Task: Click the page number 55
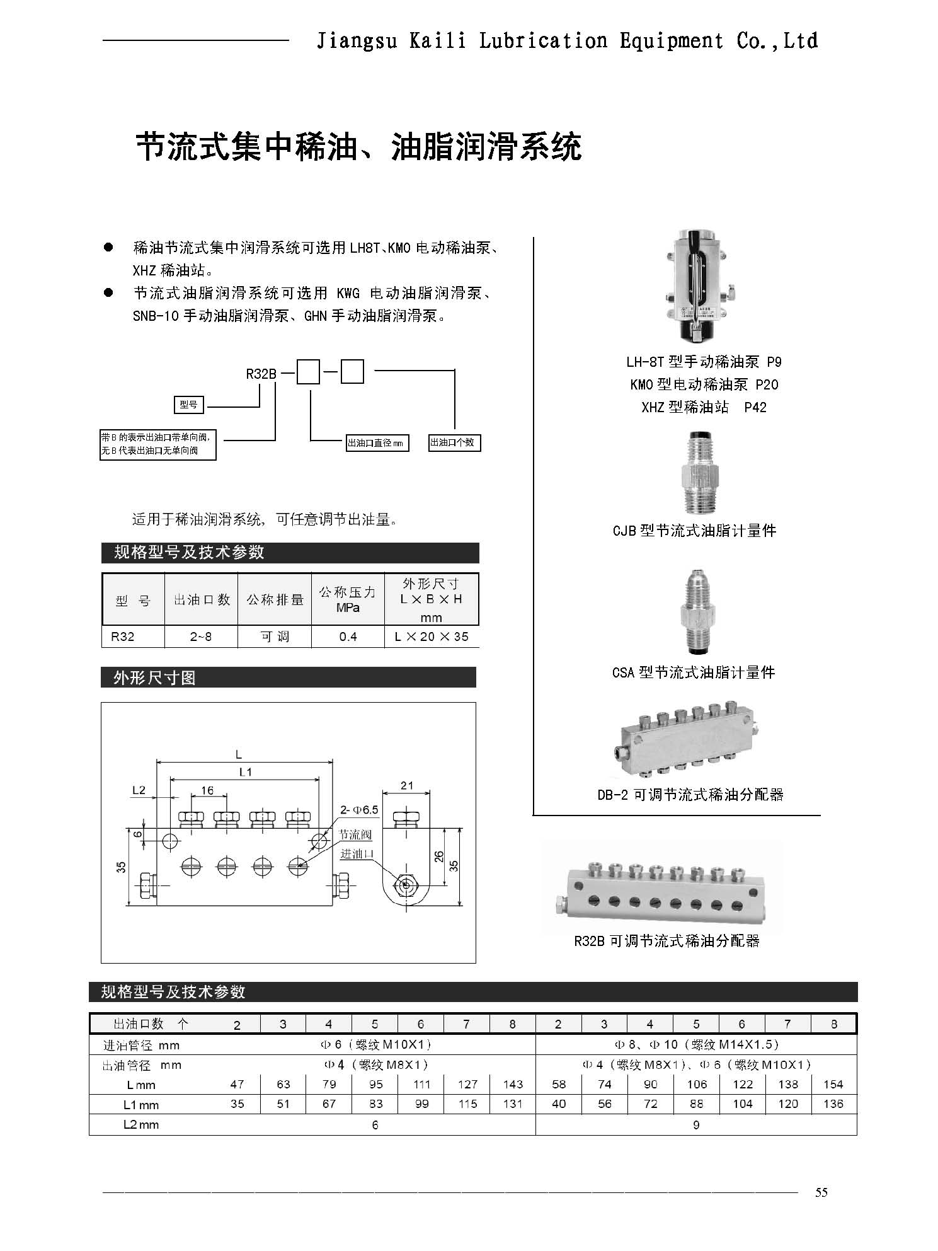click(821, 1192)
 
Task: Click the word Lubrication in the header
click(543, 41)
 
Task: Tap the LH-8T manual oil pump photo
click(700, 287)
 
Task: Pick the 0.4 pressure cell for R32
click(348, 637)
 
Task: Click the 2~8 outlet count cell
click(201, 637)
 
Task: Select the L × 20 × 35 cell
click(432, 637)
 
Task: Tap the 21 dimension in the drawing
click(407, 785)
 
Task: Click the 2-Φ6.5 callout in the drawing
click(359, 809)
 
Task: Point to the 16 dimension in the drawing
click(207, 790)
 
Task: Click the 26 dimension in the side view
click(439, 856)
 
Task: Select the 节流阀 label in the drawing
click(355, 834)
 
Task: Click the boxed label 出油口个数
click(452, 442)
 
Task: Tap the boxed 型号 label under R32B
click(189, 405)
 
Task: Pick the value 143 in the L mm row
click(513, 1084)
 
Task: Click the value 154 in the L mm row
click(833, 1084)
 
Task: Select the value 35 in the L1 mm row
click(237, 1104)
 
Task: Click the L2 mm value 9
click(695, 1125)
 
